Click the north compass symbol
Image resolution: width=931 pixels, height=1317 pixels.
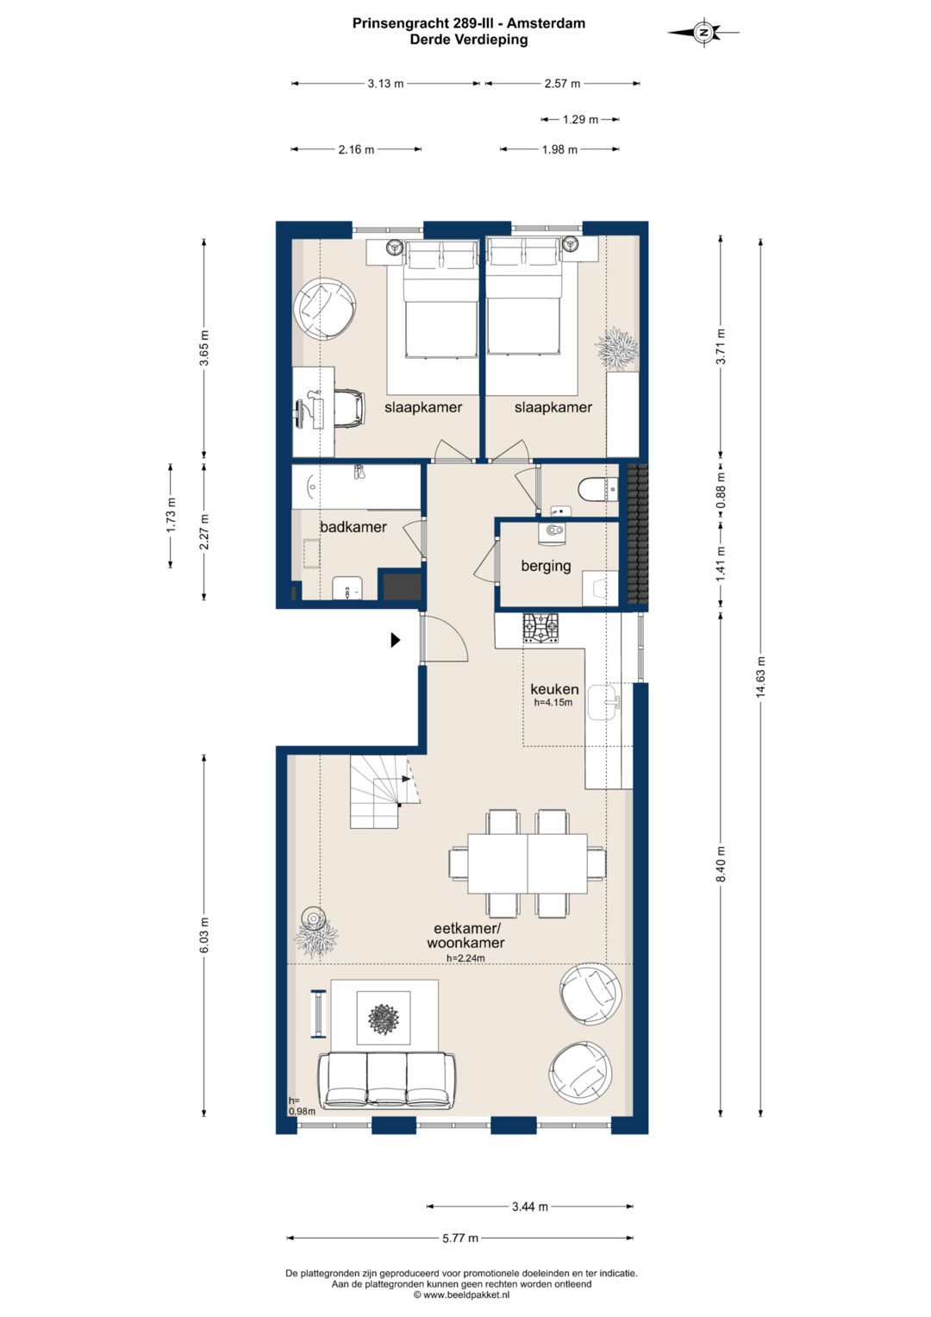click(703, 32)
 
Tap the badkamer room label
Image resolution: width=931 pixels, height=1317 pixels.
click(353, 527)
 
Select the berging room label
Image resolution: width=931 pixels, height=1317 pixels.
click(546, 566)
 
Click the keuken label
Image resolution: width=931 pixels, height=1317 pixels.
click(554, 689)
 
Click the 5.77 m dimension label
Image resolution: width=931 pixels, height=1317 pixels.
click(460, 1239)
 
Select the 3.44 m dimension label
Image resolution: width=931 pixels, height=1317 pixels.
click(529, 1207)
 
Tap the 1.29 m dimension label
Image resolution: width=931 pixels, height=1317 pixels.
click(580, 119)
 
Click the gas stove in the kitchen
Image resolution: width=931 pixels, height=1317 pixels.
click(540, 629)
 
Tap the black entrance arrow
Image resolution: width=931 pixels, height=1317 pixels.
click(396, 640)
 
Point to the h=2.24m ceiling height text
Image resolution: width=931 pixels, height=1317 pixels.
click(465, 957)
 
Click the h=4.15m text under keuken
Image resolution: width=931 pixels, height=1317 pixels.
click(553, 702)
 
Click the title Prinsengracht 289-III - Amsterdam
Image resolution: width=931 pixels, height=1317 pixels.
click(469, 23)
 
